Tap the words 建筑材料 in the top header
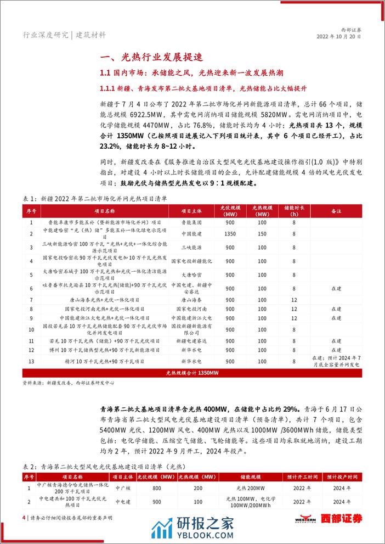90,35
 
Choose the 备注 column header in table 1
336,211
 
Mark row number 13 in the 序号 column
31,362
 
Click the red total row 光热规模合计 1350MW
191,372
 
